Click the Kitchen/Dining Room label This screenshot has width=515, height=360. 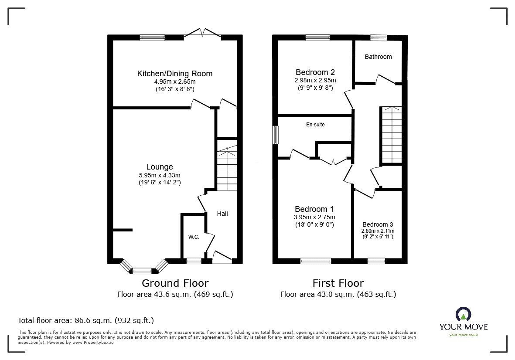(175, 74)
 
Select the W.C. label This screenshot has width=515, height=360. (194, 237)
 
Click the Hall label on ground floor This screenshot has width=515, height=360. (222, 214)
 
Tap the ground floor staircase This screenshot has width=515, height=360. (227, 170)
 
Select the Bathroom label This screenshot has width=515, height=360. (378, 57)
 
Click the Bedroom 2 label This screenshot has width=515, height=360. (315, 72)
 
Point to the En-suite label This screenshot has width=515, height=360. (315, 125)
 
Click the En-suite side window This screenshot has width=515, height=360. (276, 135)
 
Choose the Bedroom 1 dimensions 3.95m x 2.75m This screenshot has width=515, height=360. (315, 217)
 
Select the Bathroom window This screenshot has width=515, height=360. (379, 38)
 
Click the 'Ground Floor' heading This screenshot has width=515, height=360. (175, 283)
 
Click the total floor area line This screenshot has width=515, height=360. (85, 321)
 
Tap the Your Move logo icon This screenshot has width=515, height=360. (464, 314)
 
